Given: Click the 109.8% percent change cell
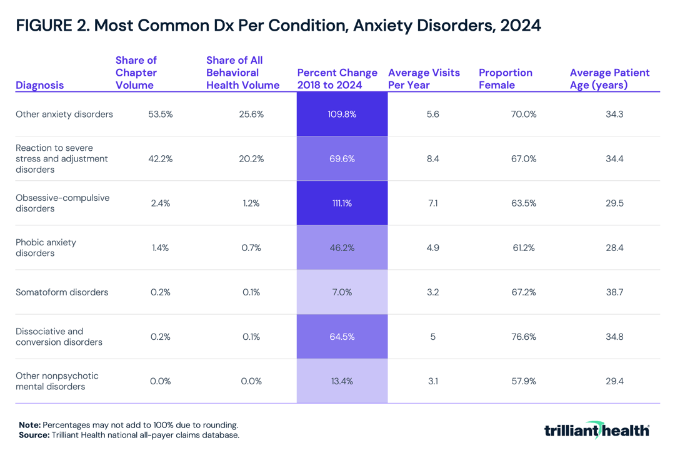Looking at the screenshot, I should coord(342,115).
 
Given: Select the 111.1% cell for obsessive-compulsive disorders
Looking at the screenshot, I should coord(342,203).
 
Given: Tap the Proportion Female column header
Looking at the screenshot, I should coord(506,79).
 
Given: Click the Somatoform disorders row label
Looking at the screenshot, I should coord(62,292).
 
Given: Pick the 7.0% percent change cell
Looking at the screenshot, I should coord(342,292).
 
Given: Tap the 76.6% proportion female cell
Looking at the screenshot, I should coord(524,337).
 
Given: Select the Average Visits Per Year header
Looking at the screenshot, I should coord(424,79).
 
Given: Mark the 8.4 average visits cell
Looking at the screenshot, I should coord(432,159).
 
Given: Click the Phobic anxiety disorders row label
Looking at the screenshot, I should coord(46,248).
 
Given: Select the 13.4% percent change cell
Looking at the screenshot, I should coord(342,381).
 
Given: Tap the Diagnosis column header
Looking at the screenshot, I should coord(39,85).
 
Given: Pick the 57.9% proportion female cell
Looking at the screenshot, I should coord(524,381).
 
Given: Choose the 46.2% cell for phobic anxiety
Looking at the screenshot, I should coord(342,248).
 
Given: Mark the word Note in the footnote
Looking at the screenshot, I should coord(30,424).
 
